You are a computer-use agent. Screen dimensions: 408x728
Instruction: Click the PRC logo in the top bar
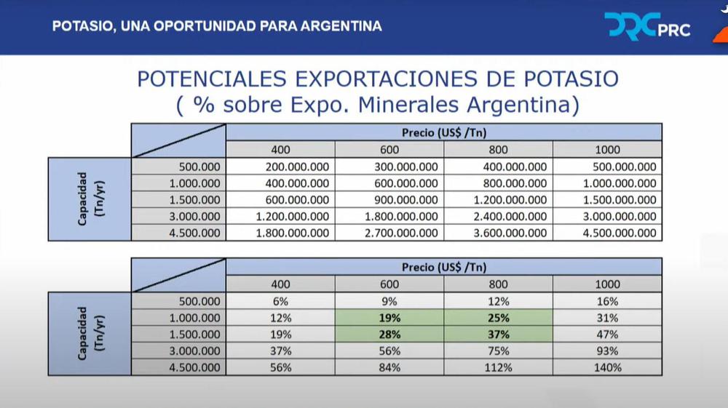[647, 27]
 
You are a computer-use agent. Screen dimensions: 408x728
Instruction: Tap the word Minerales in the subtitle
[397, 105]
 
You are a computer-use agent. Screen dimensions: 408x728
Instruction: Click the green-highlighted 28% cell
[389, 335]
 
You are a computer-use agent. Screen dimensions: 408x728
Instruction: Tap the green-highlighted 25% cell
[499, 318]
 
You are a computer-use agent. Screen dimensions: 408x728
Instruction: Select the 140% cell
[607, 367]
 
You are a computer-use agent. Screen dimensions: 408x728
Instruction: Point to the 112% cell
[499, 367]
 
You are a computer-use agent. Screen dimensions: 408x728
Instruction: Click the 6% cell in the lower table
[280, 301]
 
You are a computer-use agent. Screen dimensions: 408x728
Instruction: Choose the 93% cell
[607, 351]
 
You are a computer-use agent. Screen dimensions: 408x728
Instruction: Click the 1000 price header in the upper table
[607, 150]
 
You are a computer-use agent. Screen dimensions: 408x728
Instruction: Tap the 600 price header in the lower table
[389, 284]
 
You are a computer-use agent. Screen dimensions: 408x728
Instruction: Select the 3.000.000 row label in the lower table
[193, 351]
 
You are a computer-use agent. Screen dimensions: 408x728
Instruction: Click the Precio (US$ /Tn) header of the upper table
[444, 133]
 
